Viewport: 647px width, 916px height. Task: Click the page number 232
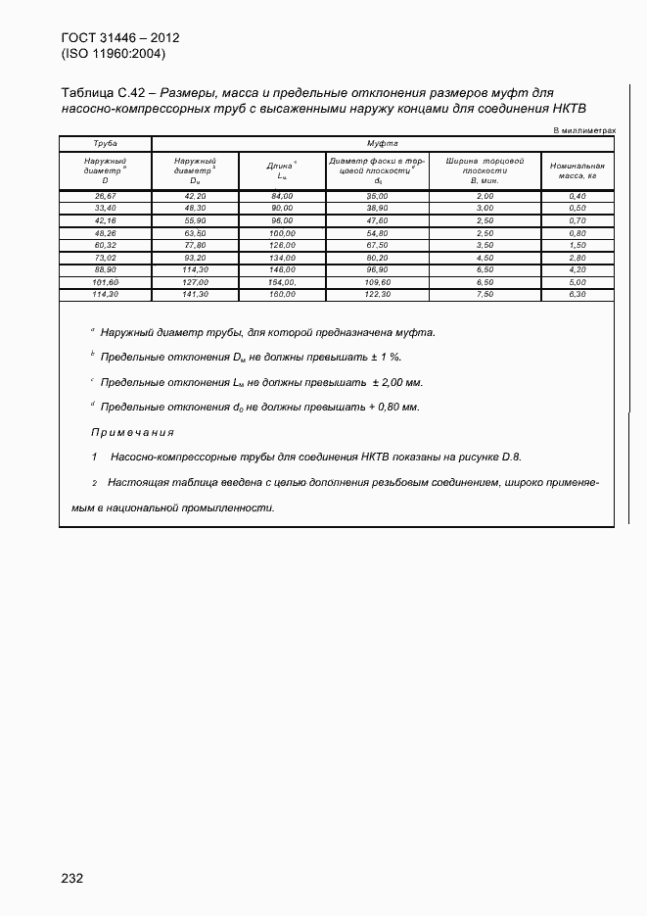pyautogui.click(x=71, y=878)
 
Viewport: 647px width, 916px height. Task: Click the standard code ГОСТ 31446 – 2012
pyautogui.click(x=120, y=38)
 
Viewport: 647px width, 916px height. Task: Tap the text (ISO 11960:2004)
pyautogui.click(x=114, y=54)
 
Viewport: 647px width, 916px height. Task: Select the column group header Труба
pyautogui.click(x=105, y=143)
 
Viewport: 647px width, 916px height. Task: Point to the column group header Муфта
pyautogui.click(x=382, y=143)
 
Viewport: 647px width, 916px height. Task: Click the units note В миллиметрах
pyautogui.click(x=584, y=129)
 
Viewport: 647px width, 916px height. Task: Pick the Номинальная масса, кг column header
pyautogui.click(x=578, y=170)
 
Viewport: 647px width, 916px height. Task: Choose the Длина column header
pyautogui.click(x=282, y=170)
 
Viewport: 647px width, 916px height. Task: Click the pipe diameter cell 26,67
pyautogui.click(x=105, y=196)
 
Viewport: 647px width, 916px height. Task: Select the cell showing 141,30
pyautogui.click(x=196, y=294)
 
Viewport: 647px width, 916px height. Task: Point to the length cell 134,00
pyautogui.click(x=282, y=257)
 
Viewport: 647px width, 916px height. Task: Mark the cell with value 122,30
pyautogui.click(x=378, y=294)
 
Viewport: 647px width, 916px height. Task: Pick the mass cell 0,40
pyautogui.click(x=578, y=196)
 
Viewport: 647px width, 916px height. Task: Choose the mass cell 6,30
pyautogui.click(x=578, y=294)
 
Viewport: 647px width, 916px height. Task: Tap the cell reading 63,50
pyautogui.click(x=196, y=233)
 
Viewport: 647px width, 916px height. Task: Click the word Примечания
pyautogui.click(x=132, y=432)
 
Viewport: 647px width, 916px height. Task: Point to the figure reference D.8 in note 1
pyautogui.click(x=511, y=457)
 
